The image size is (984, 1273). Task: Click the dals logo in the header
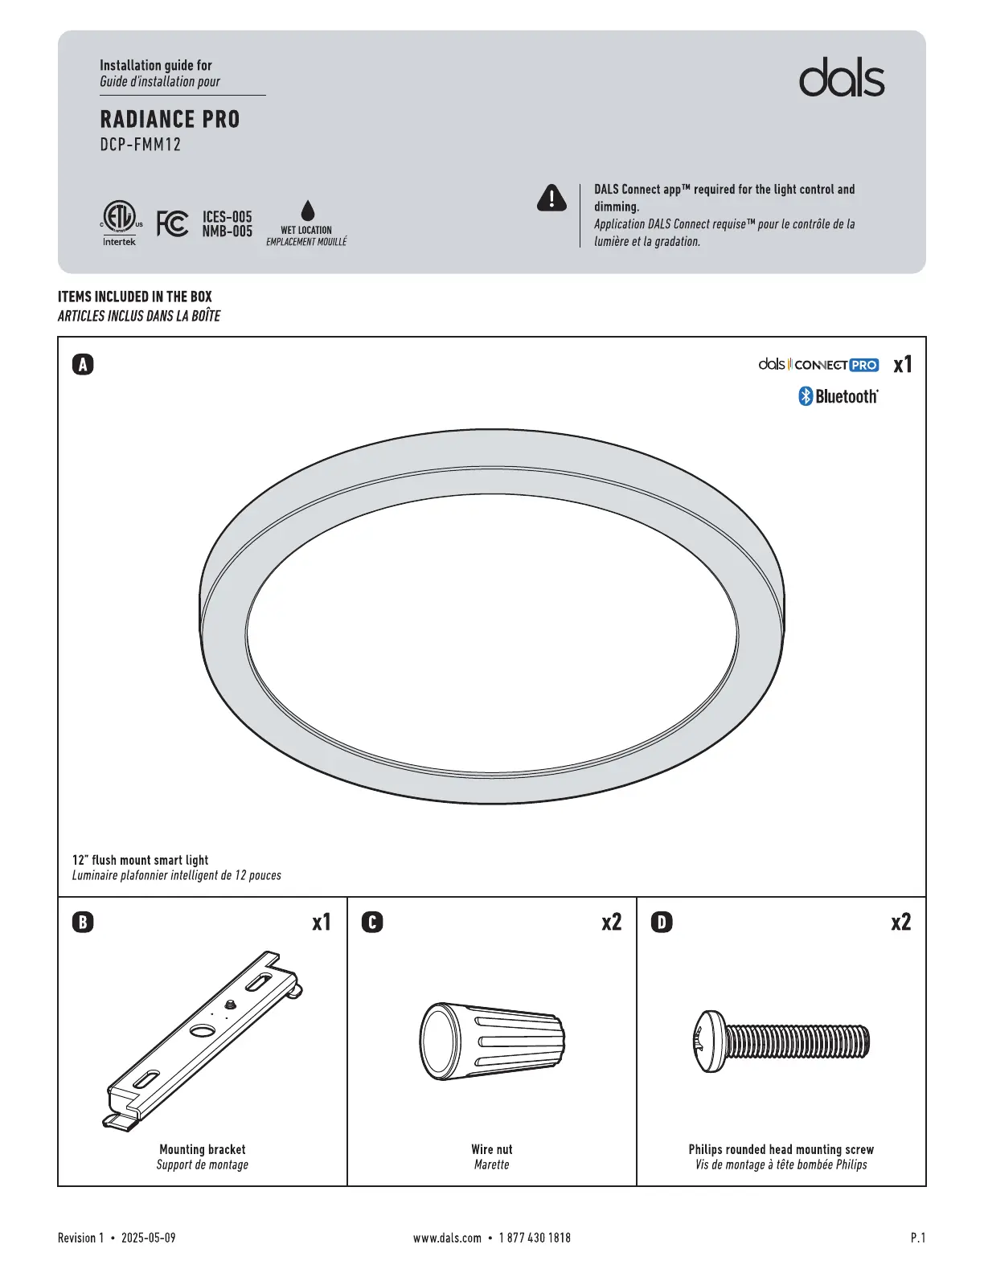click(842, 78)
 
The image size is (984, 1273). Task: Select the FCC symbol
click(172, 223)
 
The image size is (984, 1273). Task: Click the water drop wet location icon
click(307, 211)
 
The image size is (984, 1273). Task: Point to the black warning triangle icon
click(551, 198)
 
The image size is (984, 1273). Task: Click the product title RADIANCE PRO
click(170, 120)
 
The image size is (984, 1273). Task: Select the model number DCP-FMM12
click(141, 145)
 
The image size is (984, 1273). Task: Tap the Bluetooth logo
click(838, 396)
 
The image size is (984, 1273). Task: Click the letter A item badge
click(83, 365)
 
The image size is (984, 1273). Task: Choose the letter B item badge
click(83, 922)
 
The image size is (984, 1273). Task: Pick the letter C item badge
click(372, 922)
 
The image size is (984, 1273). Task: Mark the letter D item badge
click(662, 922)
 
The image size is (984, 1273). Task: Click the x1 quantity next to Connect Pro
click(903, 365)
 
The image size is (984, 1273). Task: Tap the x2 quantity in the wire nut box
click(612, 922)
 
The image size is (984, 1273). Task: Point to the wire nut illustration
click(492, 1042)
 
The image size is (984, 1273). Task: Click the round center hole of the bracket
click(203, 1032)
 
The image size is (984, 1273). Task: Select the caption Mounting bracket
click(203, 1149)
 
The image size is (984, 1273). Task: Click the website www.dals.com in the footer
click(447, 1238)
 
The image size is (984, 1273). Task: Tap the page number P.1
click(917, 1238)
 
